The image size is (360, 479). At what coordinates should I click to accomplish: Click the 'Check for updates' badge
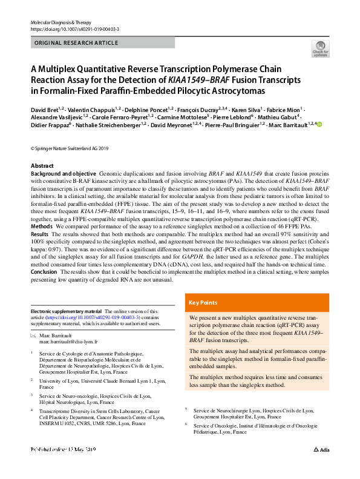click(320, 48)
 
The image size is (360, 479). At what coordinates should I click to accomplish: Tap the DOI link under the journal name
click(74, 29)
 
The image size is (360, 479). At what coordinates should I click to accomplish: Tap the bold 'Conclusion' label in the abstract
click(45, 271)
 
